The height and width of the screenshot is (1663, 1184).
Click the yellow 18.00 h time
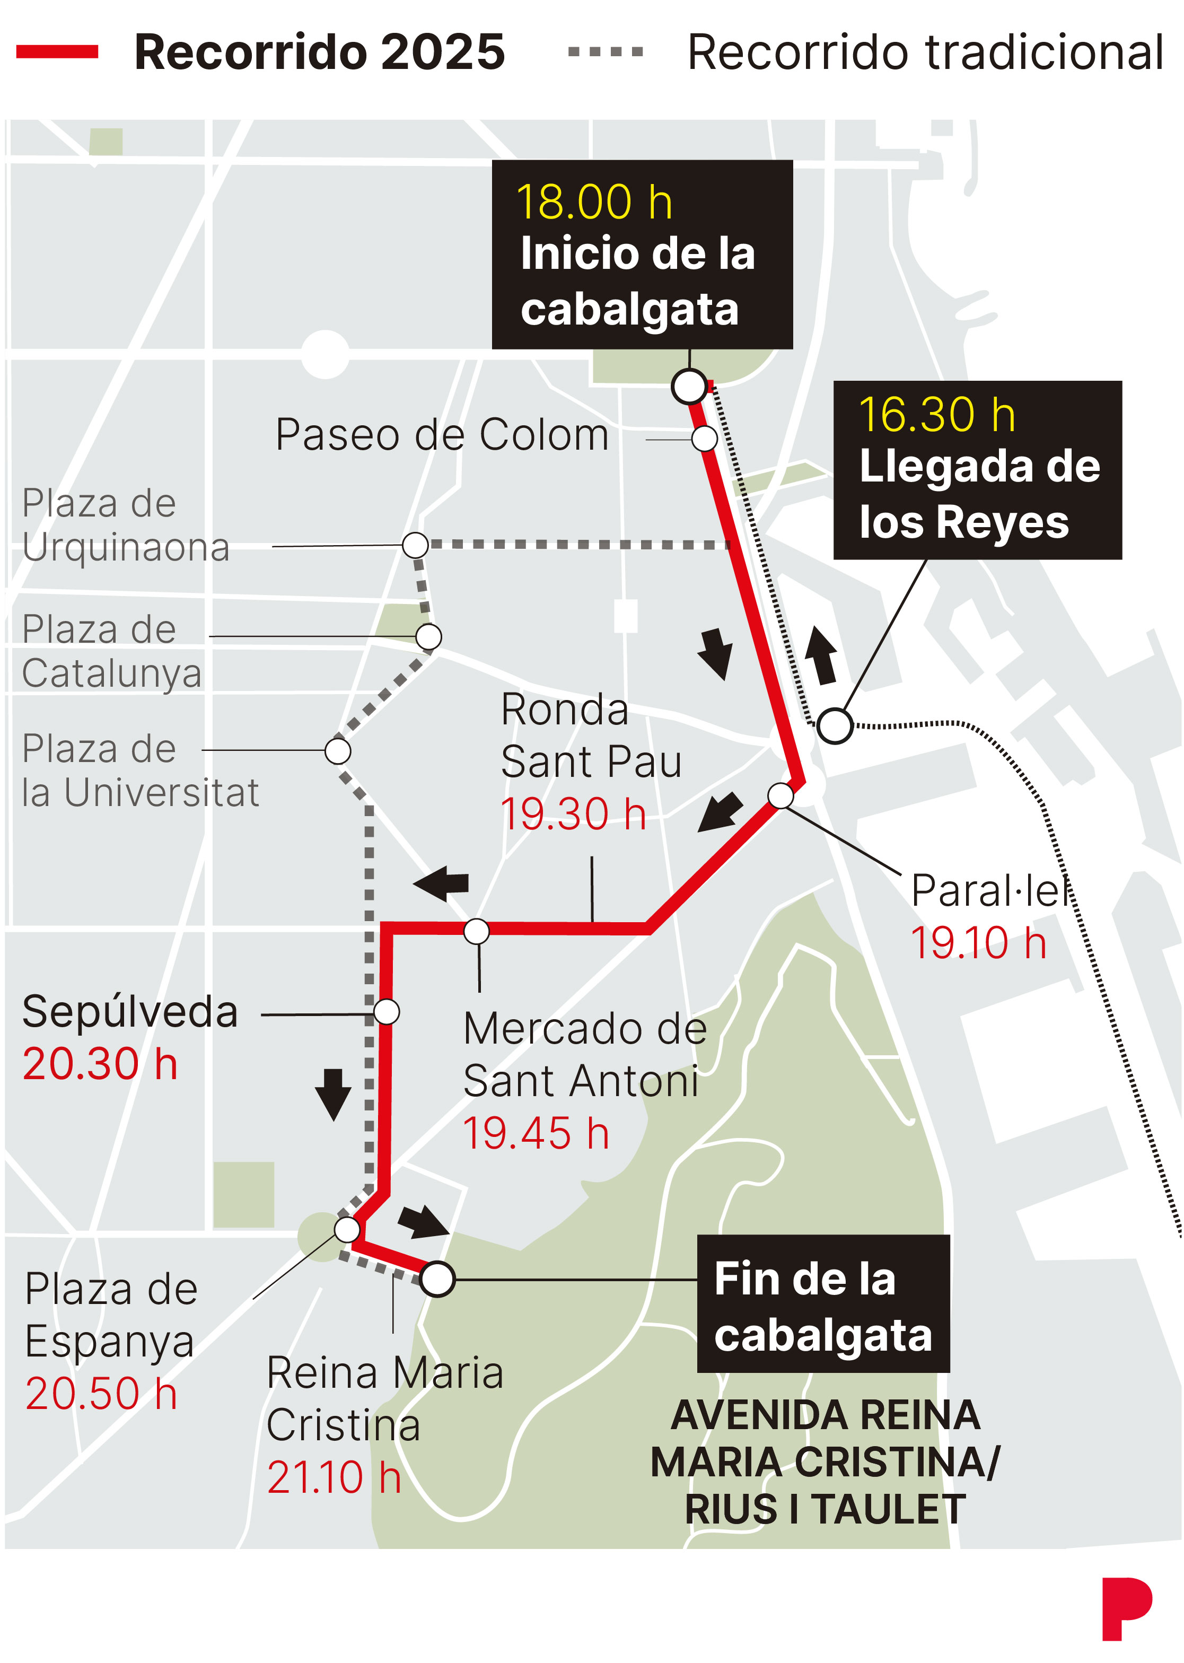594,202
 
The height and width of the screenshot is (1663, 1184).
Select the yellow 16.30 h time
937,415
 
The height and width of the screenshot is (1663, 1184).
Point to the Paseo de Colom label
442,435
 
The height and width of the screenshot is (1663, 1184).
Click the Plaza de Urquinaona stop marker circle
415,545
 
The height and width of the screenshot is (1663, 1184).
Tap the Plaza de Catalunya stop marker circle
428,636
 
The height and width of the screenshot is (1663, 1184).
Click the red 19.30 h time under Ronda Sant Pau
574,815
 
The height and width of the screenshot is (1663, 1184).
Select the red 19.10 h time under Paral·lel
978,943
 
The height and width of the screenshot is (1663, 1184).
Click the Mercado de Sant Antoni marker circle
477,931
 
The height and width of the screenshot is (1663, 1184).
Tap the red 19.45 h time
536,1134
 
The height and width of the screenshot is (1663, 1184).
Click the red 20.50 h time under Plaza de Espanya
101,1394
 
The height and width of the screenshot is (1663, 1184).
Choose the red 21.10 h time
334,1478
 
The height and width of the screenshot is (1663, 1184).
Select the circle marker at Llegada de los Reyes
835,725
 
